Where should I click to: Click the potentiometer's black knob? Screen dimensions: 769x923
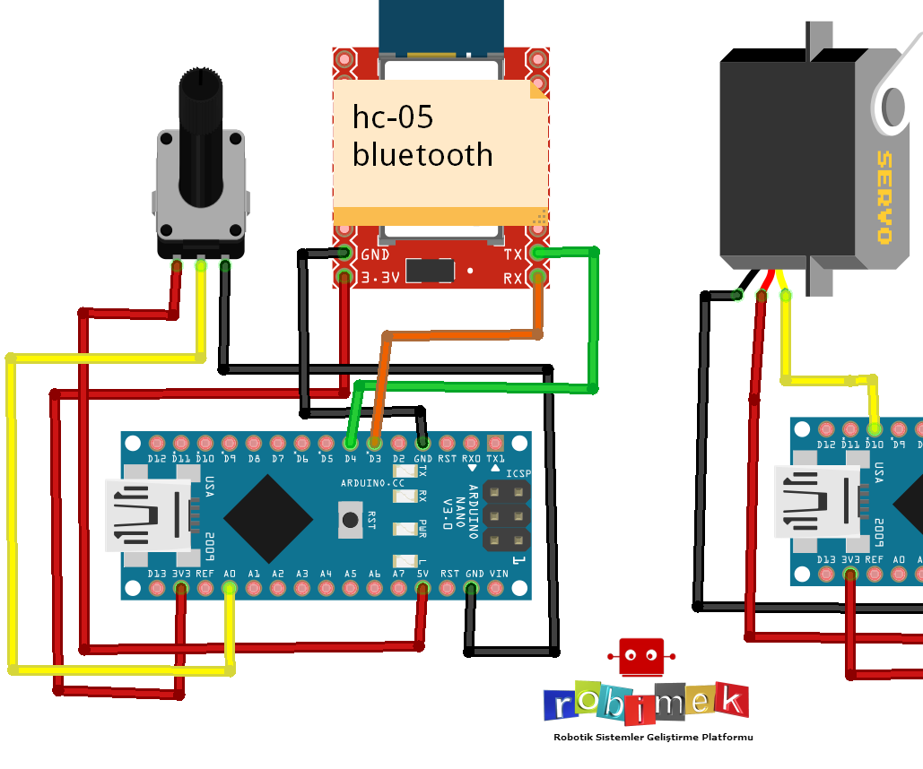point(200,134)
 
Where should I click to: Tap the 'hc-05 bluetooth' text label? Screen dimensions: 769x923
point(422,135)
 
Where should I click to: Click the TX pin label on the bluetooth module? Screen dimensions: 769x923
point(513,255)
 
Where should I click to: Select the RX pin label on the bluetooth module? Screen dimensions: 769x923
point(513,279)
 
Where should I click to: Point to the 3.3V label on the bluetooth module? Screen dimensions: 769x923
point(379,279)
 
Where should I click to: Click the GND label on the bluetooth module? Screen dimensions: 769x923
point(374,255)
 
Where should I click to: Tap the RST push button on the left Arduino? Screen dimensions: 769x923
point(351,519)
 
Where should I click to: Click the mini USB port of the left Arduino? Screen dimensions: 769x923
point(148,515)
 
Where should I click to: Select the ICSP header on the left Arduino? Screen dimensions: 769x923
point(506,515)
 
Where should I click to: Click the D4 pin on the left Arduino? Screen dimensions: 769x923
point(351,443)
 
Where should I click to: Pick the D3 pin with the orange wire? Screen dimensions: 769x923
point(375,443)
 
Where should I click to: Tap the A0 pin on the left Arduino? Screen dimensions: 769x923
point(230,588)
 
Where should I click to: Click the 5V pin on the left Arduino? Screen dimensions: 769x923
point(422,588)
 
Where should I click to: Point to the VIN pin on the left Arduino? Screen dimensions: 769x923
point(495,588)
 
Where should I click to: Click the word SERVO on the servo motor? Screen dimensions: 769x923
point(884,197)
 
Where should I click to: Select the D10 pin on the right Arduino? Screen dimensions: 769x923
point(874,429)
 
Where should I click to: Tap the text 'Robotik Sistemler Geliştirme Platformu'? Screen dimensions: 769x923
point(653,737)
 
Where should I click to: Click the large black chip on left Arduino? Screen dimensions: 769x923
point(268,519)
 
